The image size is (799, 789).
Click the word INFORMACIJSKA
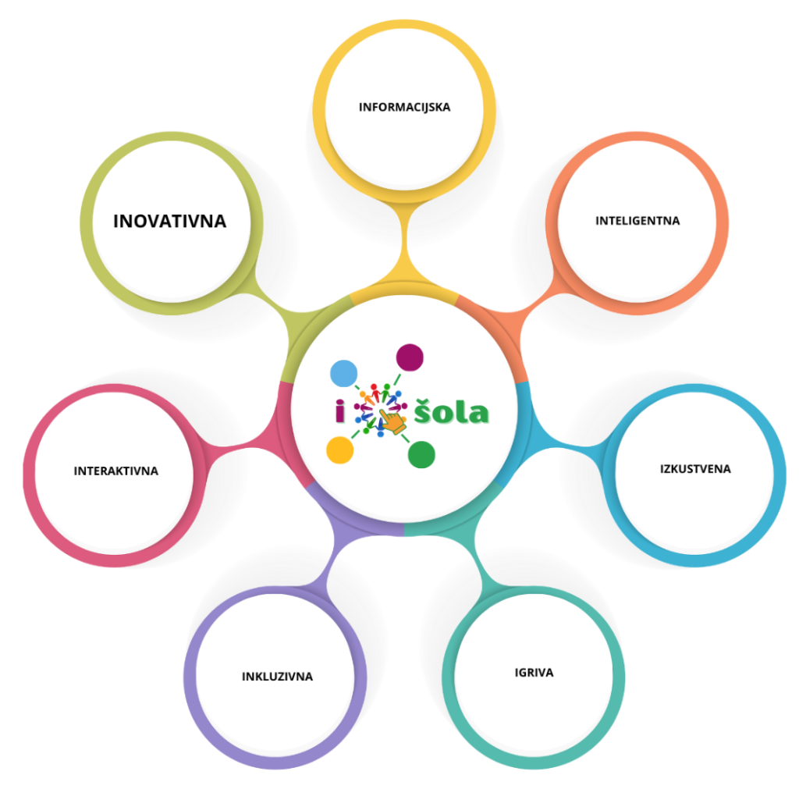coord(405,107)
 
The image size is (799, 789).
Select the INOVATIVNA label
coord(169,221)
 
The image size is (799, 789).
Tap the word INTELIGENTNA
coord(637,221)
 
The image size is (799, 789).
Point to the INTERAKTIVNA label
coord(116,471)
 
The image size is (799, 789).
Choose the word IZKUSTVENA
coord(695,469)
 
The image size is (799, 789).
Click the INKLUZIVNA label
coord(277,677)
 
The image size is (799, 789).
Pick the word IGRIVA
coord(534,673)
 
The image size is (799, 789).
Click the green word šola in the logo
coord(452,410)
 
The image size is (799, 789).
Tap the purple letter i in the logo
coord(340,410)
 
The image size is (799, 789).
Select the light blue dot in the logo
coord(343,374)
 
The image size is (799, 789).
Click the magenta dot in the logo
coord(410,357)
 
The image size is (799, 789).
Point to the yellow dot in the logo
coord(340,450)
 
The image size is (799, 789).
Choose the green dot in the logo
coord(421,454)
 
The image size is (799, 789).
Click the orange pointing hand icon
coord(393,421)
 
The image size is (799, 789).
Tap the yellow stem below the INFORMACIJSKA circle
coord(405,244)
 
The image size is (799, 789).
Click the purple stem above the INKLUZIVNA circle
coord(332,558)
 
